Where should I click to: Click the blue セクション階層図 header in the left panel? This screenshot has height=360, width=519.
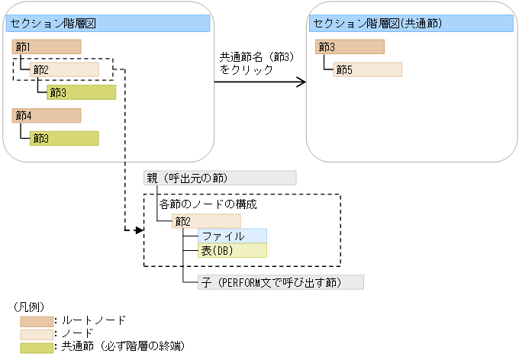coord(108,24)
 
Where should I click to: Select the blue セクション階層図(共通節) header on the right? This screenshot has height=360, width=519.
coord(411,24)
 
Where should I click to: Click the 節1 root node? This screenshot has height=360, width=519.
coord(47,47)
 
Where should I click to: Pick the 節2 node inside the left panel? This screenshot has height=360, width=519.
coord(64,70)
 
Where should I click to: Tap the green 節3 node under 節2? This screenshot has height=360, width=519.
coord(81,93)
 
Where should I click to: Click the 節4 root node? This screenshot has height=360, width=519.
coord(47,116)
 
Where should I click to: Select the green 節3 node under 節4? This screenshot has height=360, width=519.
coord(64,138)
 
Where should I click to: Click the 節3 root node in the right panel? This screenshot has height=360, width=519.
coord(350,47)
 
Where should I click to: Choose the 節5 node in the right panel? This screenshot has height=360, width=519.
coord(367,70)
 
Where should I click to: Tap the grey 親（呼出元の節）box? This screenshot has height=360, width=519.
coord(220,178)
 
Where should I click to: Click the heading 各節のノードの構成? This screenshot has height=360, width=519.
coord(208,205)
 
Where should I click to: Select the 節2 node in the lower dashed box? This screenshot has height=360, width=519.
coord(206,221)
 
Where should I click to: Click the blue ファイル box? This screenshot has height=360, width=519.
coord(232,236)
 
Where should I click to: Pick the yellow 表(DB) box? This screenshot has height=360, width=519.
coord(232,251)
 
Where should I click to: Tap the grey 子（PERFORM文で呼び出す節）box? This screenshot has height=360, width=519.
coord(280,282)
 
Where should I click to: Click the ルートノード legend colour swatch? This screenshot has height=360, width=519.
coord(37,321)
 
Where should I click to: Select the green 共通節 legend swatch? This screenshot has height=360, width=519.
coord(37,346)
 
